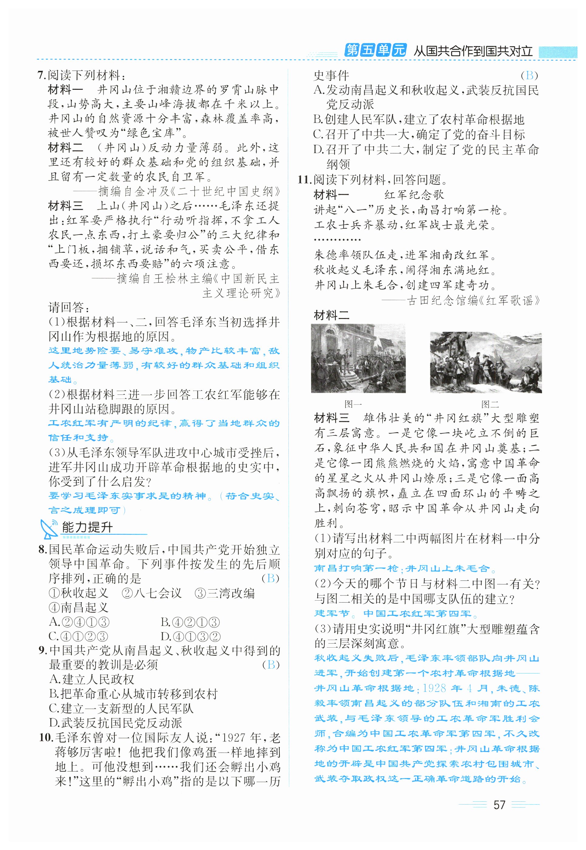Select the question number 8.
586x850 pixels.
point(43,549)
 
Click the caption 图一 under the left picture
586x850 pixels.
point(353,404)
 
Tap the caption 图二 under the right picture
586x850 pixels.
point(490,404)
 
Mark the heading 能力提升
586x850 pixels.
point(87,527)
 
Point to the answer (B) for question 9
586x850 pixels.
point(271,665)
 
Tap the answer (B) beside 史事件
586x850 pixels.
point(529,75)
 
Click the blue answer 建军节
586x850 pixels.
point(332,613)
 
